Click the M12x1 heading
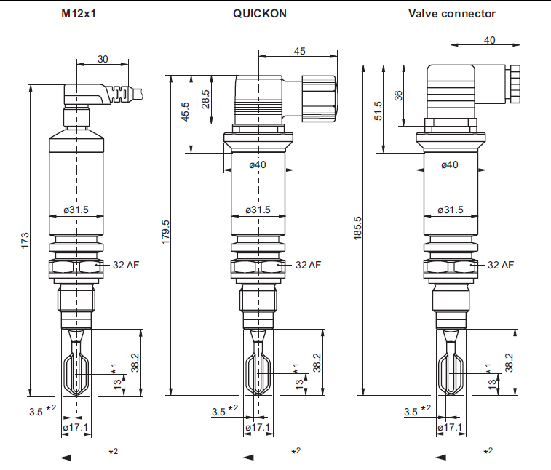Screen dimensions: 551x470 pyautogui.click(x=79, y=14)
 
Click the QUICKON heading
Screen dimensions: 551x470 pyautogui.click(x=260, y=14)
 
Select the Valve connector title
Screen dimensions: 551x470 pyautogui.click(x=452, y=14)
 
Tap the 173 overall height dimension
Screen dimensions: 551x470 pyautogui.click(x=25, y=241)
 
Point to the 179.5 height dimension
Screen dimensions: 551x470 pyautogui.click(x=165, y=232)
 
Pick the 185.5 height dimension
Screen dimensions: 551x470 pyautogui.click(x=357, y=228)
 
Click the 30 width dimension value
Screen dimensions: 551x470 pyautogui.click(x=103, y=59)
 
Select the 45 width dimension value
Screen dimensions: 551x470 pyautogui.click(x=299, y=51)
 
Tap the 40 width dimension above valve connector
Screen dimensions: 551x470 pyautogui.click(x=490, y=41)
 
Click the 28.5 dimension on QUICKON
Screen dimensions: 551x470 pyautogui.click(x=205, y=100)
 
